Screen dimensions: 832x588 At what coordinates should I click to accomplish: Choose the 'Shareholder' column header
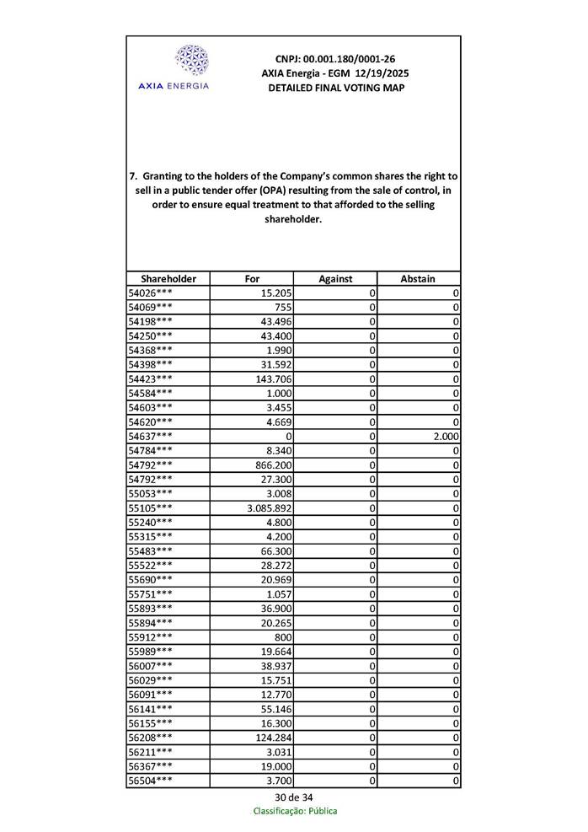tap(168, 278)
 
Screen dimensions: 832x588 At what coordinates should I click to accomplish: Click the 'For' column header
tap(252, 278)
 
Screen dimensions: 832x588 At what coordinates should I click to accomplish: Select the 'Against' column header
tap(335, 278)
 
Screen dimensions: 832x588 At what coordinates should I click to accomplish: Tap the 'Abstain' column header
tap(419, 278)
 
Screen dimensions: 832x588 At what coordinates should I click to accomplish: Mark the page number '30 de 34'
tap(294, 797)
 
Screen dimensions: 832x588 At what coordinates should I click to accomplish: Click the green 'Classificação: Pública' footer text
tap(295, 811)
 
